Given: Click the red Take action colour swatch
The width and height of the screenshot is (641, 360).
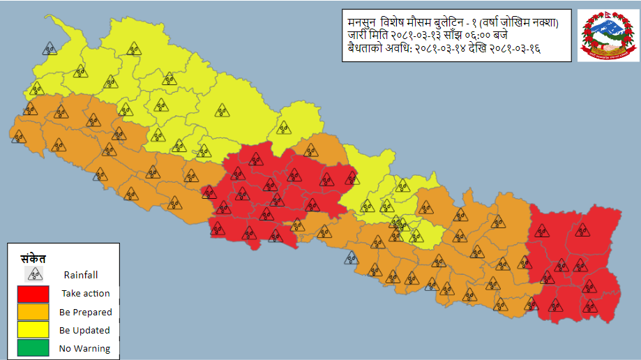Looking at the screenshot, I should (x=29, y=294).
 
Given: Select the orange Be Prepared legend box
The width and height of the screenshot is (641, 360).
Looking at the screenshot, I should (x=29, y=312).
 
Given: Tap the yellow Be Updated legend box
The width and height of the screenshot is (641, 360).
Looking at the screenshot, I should (x=29, y=330).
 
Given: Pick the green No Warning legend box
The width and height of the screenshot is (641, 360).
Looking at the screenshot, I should (x=29, y=348).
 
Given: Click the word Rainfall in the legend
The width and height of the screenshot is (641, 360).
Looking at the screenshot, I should (x=80, y=275).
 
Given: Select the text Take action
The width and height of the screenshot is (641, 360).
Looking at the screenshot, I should (x=85, y=294).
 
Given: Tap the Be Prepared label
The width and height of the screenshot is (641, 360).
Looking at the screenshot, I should (x=85, y=312).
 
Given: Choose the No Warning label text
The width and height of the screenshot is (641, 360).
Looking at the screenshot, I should (x=84, y=348).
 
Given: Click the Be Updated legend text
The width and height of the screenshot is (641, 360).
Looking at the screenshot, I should (x=84, y=330).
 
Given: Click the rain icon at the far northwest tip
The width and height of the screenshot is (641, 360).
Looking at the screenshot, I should (x=50, y=48).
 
